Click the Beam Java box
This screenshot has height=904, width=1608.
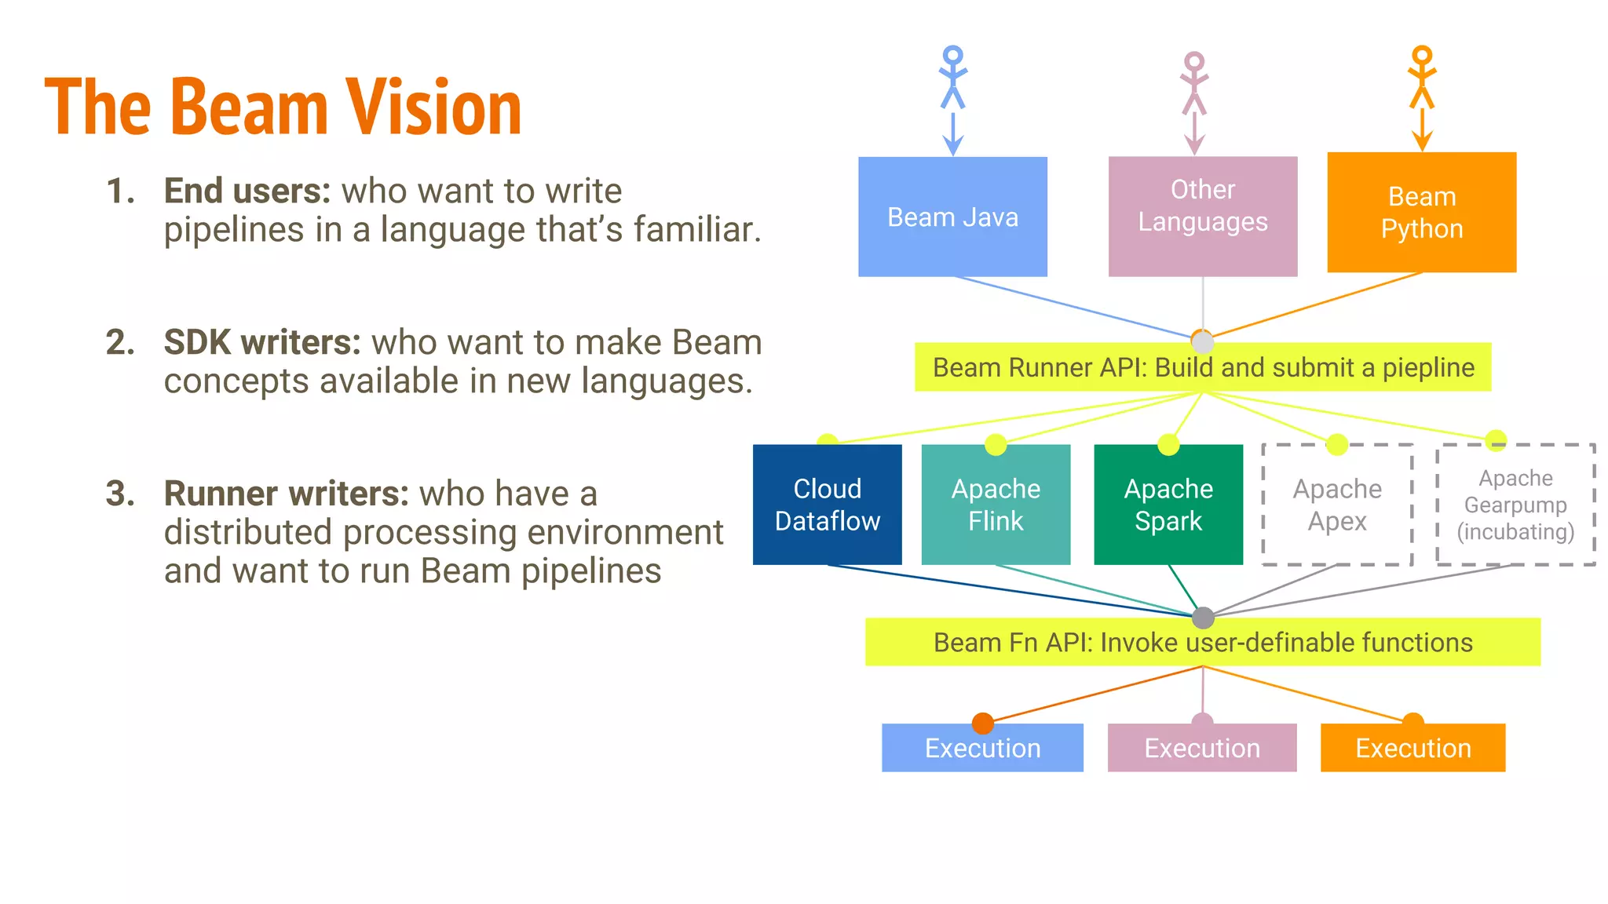click(952, 217)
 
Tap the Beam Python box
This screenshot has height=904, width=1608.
click(1421, 212)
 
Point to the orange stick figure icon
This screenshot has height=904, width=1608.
click(1422, 77)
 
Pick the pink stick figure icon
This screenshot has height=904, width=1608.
click(1194, 83)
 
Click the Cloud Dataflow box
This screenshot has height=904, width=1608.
click(827, 505)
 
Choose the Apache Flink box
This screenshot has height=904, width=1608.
click(996, 505)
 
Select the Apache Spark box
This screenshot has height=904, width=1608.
click(1168, 505)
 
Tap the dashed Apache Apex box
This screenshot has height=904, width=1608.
click(1337, 505)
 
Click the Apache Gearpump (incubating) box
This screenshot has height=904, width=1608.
click(1515, 505)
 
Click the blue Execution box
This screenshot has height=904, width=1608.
click(982, 748)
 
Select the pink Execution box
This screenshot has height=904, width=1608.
click(1202, 748)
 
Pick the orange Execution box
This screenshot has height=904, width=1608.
click(1412, 748)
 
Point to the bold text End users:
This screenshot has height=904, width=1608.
click(247, 191)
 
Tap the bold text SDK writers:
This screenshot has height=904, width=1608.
click(261, 342)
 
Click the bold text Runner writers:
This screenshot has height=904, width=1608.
click(286, 494)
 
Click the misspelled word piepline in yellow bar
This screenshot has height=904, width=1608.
click(1428, 367)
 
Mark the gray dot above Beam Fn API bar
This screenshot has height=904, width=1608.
click(1203, 618)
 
